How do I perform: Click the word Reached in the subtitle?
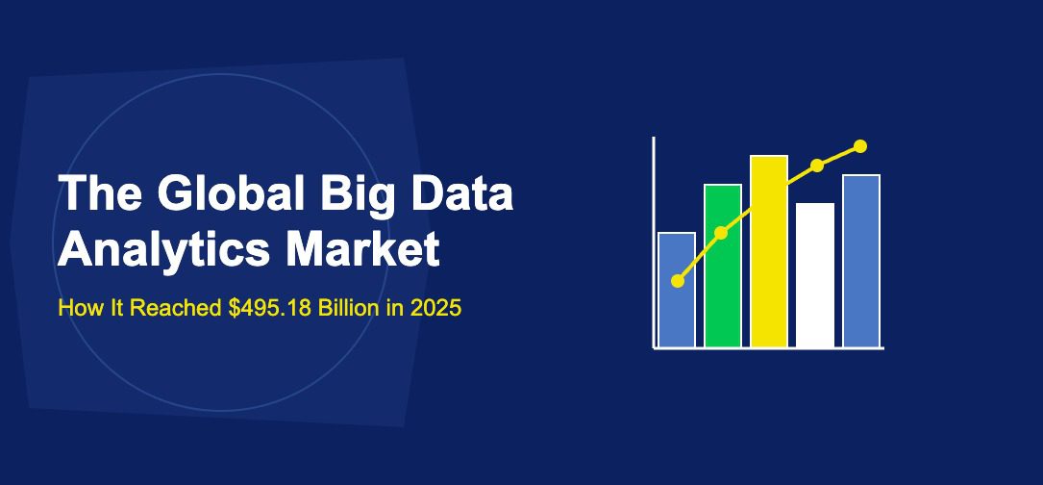click(174, 309)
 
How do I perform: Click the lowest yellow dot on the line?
click(678, 281)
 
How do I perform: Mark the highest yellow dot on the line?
click(860, 146)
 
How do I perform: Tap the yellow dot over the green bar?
click(721, 233)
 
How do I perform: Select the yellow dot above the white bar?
click(817, 166)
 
